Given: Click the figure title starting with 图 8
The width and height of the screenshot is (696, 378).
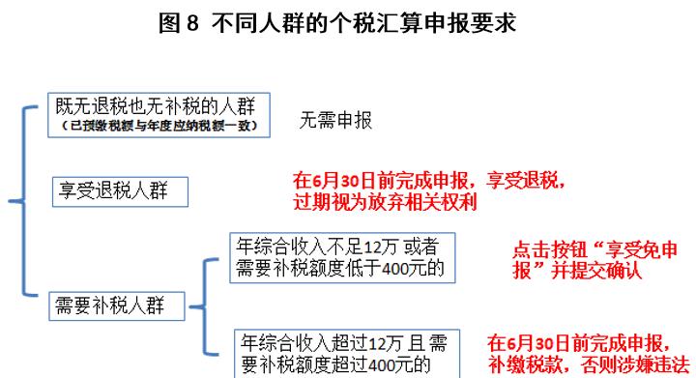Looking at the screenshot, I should [348, 21].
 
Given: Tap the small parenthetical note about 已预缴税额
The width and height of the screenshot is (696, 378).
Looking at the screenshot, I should [159, 127].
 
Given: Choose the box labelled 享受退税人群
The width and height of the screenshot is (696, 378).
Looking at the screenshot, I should [119, 190].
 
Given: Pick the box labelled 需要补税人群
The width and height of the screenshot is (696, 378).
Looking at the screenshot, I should [115, 306].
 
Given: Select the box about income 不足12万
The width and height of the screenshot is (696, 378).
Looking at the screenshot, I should [342, 256].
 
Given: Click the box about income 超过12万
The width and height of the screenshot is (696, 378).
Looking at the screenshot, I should [347, 353].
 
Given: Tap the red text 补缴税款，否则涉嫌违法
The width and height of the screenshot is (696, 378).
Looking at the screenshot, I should [590, 364].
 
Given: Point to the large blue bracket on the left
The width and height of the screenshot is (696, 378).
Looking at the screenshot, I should [17, 202].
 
